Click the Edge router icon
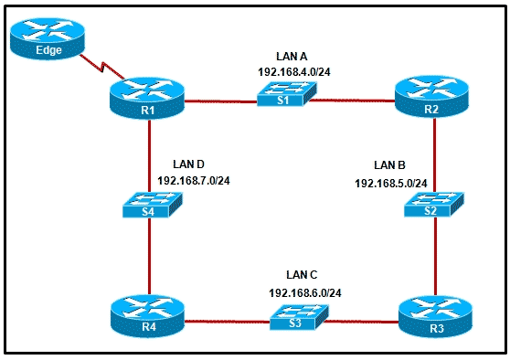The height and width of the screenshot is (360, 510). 48,38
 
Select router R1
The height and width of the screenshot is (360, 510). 147,98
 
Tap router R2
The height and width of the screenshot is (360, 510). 431,97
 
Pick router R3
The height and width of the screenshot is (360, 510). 435,316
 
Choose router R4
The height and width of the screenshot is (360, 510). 147,315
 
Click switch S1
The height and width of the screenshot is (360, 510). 287,94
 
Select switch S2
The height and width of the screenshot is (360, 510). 434,205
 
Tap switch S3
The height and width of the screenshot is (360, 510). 299,317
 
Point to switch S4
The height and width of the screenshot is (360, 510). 153,205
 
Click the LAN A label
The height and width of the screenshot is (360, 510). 292,57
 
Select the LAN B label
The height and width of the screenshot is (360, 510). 389,165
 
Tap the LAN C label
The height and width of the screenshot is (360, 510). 302,275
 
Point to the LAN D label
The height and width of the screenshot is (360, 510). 188,164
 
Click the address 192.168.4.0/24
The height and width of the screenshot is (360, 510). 294,72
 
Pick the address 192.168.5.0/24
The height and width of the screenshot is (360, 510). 391,184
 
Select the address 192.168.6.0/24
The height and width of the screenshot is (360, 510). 305,293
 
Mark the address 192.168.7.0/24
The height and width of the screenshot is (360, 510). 194,181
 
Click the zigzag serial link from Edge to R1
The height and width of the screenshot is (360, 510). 101,67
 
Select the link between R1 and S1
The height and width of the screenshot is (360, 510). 221,101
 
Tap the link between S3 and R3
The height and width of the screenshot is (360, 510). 362,322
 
